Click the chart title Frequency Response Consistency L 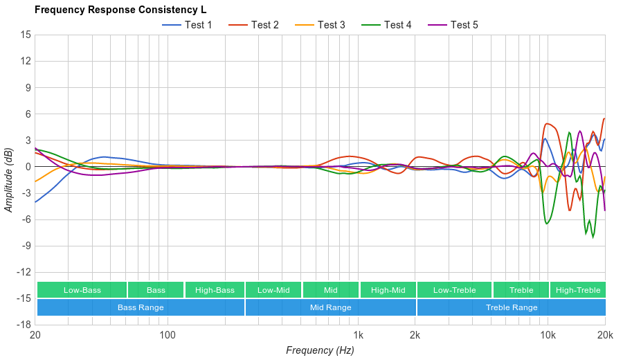(x=120, y=10)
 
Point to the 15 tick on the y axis (x=26, y=35)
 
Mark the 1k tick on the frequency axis (x=358, y=335)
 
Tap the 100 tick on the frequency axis (x=168, y=335)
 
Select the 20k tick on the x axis (x=604, y=335)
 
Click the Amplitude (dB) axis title (x=9, y=180)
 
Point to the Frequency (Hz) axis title (x=320, y=350)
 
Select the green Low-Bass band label (x=82, y=290)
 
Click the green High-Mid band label (x=388, y=290)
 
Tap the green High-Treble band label (x=578, y=290)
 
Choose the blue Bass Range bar (x=141, y=307)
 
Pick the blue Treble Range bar (x=512, y=307)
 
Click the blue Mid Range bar (x=330, y=307)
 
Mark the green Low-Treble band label (x=454, y=290)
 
